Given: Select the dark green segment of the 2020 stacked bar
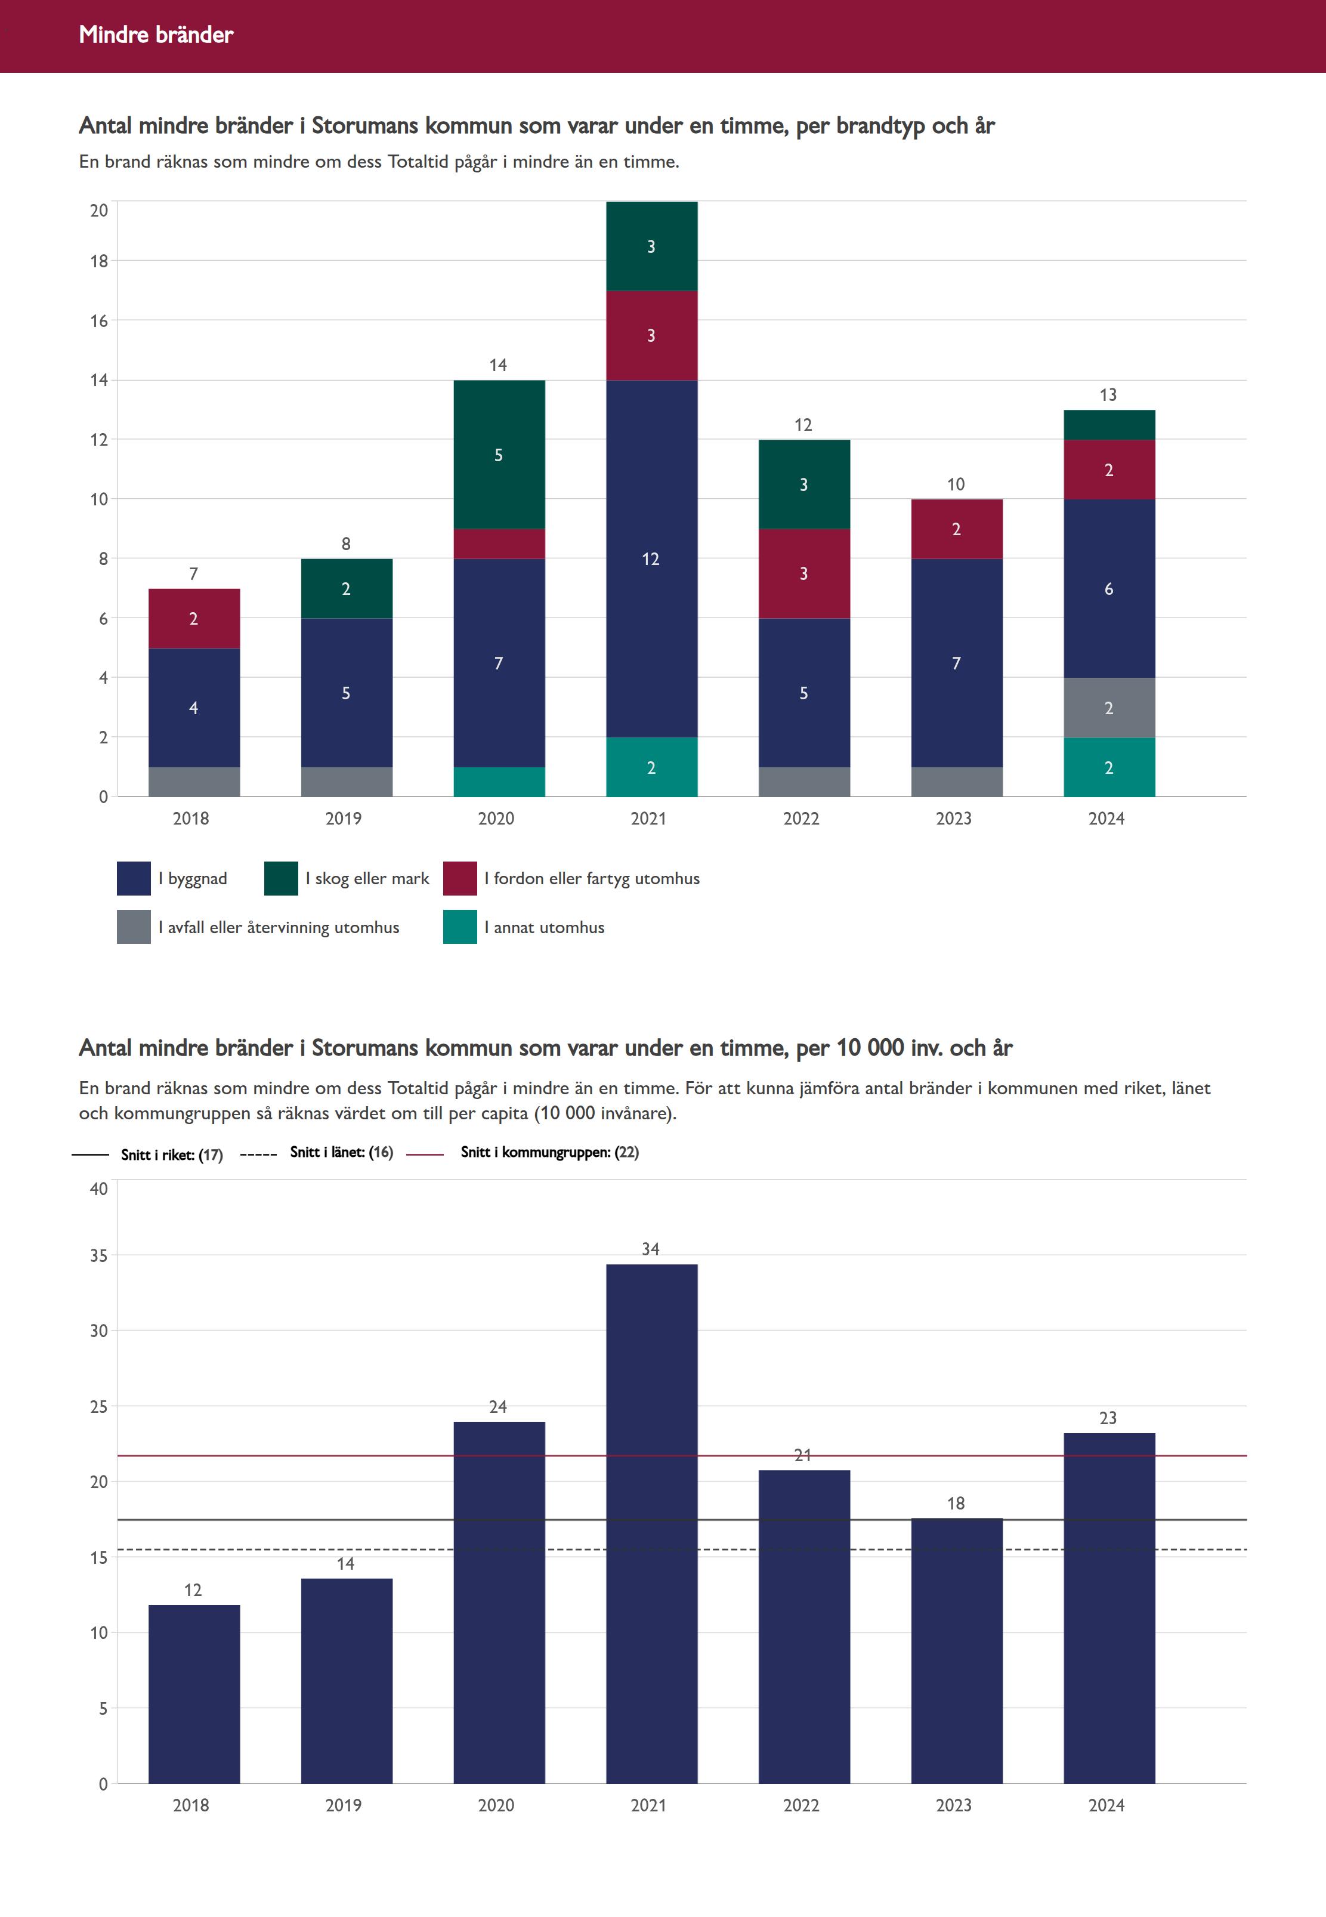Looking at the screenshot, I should point(499,455).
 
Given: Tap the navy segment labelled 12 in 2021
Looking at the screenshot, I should point(651,558).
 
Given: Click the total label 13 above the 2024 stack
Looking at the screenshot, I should point(1108,395).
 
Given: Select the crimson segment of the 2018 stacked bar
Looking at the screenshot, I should point(194,618).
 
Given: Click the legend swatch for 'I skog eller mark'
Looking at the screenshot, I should point(281,878).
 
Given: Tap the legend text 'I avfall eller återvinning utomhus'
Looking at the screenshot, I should point(279,927).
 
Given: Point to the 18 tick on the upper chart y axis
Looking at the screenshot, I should point(99,261).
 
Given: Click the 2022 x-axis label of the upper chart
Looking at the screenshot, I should point(801,819).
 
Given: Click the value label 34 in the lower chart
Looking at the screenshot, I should point(651,1249).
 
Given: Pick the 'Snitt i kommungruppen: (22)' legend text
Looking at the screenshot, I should point(549,1152).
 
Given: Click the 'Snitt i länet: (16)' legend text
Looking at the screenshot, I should point(341,1152).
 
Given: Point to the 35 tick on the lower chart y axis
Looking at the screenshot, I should point(99,1255).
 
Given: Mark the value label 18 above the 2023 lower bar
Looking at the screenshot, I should point(956,1503).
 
